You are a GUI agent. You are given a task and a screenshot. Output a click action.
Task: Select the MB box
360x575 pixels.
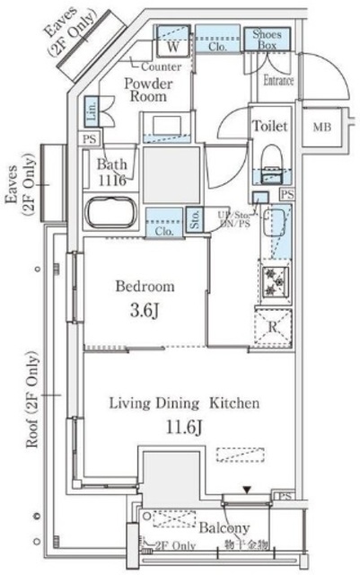[x=320, y=128]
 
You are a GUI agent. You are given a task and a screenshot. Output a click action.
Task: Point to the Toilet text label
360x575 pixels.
[x=269, y=126]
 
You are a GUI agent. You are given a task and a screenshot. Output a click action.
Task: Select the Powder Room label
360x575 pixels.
[x=147, y=91]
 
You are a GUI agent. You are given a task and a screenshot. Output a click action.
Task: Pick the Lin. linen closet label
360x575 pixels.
[x=92, y=114]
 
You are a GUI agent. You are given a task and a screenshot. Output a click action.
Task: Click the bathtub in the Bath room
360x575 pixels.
[x=110, y=214]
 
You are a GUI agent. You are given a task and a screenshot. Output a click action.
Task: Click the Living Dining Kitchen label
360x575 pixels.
[x=184, y=402]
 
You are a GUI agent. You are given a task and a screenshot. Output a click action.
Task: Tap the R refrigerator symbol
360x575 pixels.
[x=273, y=327]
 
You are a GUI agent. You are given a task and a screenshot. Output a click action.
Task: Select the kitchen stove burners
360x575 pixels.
[x=272, y=279]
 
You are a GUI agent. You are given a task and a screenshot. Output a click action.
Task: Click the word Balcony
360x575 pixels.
[x=224, y=527]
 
